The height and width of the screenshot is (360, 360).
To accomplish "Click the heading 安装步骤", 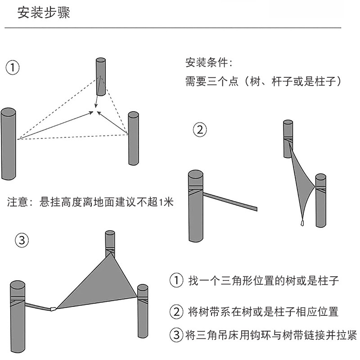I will point(44,13).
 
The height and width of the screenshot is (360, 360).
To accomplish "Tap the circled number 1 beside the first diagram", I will point(13,67).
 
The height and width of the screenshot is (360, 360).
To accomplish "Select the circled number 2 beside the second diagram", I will point(200,130).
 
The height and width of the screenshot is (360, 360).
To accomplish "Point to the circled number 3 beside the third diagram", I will point(21,240).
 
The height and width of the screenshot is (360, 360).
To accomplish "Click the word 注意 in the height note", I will point(17,202).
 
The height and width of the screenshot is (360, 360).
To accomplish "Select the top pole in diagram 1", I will point(100,76).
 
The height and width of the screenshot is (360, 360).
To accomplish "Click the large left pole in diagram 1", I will point(9,144).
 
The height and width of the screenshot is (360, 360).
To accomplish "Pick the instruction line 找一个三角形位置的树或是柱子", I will point(263,281).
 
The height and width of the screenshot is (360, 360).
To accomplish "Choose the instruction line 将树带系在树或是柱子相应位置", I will point(263,311).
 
